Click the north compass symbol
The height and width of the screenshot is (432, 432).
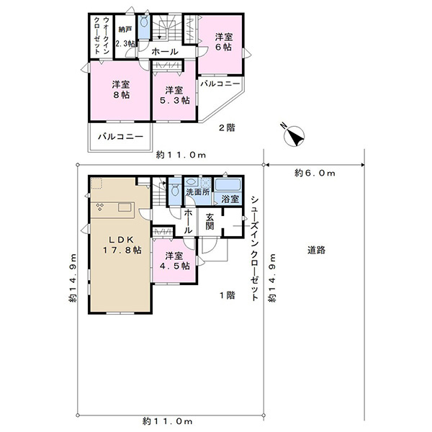[x=294, y=135]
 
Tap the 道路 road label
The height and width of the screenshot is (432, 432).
[x=316, y=250]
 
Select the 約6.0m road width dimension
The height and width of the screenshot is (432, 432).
[x=315, y=173]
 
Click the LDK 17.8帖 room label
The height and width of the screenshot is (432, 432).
[x=122, y=245]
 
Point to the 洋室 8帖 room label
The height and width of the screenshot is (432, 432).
[x=121, y=89]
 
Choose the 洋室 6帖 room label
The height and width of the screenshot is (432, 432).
[x=224, y=42]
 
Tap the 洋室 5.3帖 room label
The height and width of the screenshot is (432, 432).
[x=175, y=95]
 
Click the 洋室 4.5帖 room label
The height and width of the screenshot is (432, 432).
[x=175, y=261]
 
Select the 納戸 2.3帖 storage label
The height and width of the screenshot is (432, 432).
[x=125, y=37]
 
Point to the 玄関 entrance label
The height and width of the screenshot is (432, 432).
[x=210, y=221]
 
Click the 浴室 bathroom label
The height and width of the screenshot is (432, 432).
[x=230, y=199]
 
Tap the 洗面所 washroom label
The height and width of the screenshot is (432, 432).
[x=198, y=192]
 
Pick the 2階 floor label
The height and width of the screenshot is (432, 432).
[x=227, y=127]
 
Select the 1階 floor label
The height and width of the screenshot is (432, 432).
[x=228, y=295]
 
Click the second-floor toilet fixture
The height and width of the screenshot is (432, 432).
[x=144, y=22]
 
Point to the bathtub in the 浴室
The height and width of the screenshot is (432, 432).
[x=228, y=184]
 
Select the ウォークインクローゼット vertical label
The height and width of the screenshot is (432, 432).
[x=102, y=35]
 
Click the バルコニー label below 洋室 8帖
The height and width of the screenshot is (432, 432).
[x=121, y=137]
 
